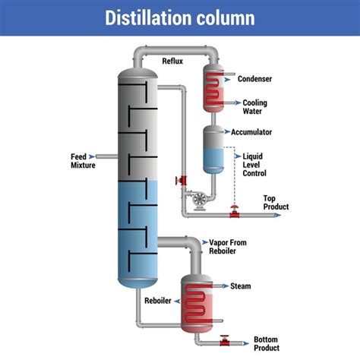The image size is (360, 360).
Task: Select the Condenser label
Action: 254,78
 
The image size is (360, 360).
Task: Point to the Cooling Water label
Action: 253,107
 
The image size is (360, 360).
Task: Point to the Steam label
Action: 241,286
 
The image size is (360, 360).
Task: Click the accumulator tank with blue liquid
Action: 213,149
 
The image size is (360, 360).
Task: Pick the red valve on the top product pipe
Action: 235,211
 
